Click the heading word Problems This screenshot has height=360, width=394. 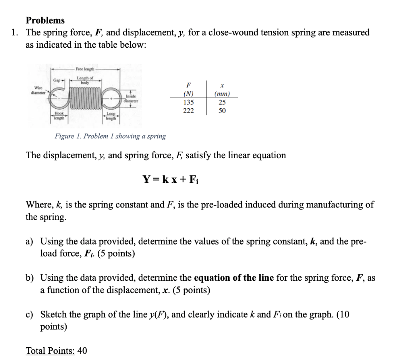click(x=45, y=20)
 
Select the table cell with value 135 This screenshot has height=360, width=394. click(x=189, y=102)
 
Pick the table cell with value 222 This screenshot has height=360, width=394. click(x=189, y=111)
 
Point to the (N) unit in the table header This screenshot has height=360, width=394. click(x=189, y=94)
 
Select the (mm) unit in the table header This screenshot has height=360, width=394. click(x=222, y=94)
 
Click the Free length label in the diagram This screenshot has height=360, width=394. click(x=85, y=69)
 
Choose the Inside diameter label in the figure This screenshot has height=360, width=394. click(x=130, y=99)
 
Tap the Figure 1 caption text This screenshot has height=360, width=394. click(x=110, y=136)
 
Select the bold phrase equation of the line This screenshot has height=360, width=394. click(x=234, y=278)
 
